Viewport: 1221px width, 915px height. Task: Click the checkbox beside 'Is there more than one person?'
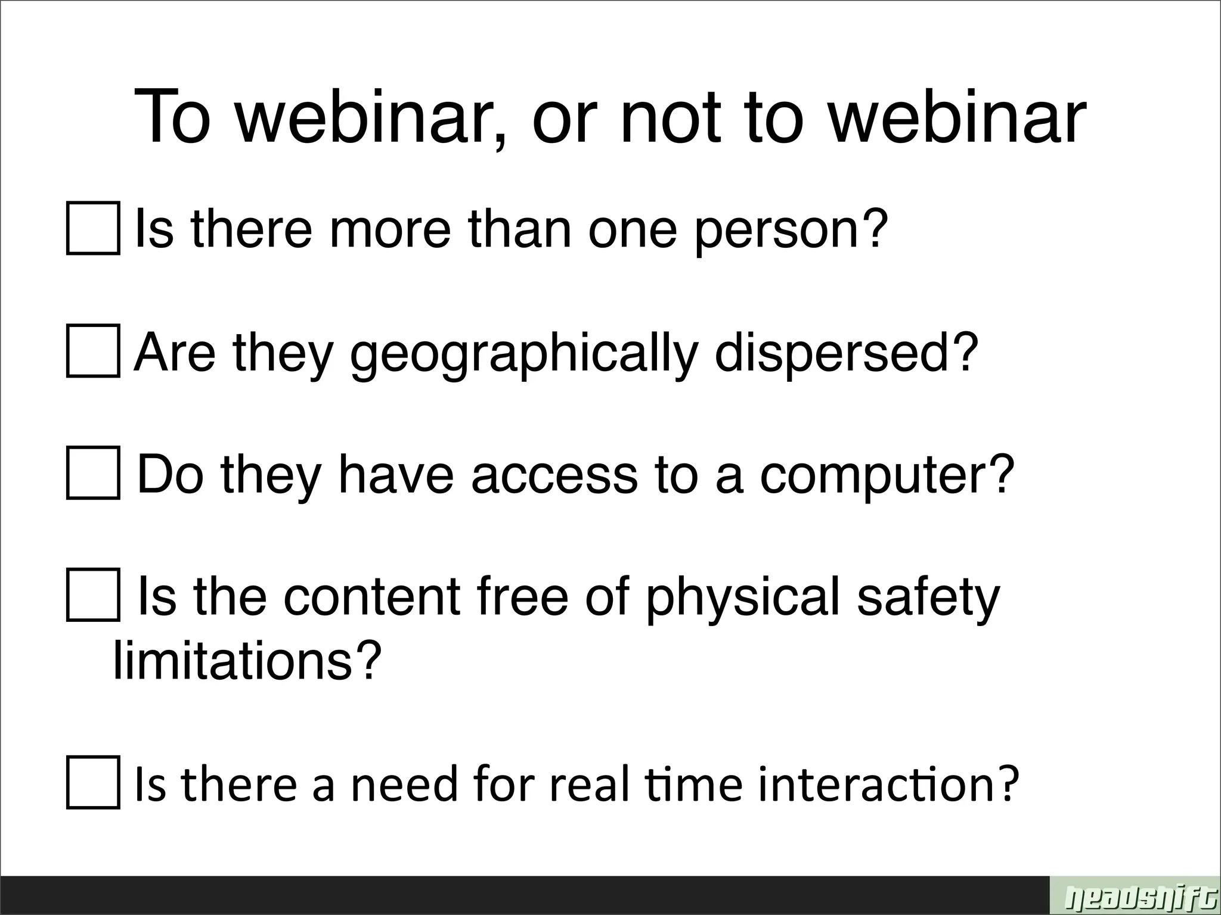tap(93, 228)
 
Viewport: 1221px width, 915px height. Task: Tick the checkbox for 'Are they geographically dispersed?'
tap(93, 351)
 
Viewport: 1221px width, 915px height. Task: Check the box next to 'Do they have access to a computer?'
tap(93, 472)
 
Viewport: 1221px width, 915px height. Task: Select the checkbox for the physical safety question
tap(93, 595)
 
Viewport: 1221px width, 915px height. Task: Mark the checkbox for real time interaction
tap(93, 782)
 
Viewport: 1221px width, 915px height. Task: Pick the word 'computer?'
tap(887, 476)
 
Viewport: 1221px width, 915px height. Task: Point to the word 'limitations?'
tap(247, 661)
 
